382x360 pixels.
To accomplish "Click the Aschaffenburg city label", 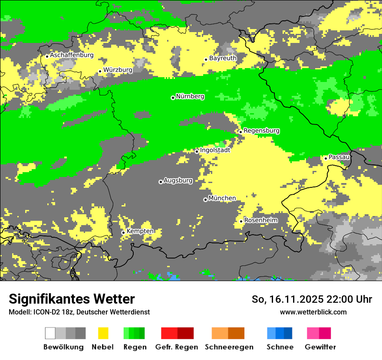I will click(72, 55).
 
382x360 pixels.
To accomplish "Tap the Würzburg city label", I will click(118, 70).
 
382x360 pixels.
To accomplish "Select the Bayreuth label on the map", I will click(223, 58).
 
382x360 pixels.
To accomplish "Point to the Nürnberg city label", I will click(190, 96).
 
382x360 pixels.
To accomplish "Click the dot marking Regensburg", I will click(240, 132).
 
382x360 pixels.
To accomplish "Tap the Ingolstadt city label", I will click(215, 150).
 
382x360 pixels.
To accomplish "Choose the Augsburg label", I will click(178, 180).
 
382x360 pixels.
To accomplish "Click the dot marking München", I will click(205, 200).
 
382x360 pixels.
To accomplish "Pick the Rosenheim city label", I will click(261, 220).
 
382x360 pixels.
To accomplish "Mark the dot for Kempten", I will click(123, 232).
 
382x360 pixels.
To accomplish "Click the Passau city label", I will click(339, 157).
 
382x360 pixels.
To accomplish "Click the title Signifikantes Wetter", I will click(72, 299).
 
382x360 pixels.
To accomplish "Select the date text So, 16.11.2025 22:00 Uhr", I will click(312, 299).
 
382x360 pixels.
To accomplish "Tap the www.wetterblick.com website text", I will click(313, 312).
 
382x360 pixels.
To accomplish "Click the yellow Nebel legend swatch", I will click(103, 333).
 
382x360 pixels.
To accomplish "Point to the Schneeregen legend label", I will click(229, 347).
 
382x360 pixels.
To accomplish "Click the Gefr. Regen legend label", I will click(177, 347).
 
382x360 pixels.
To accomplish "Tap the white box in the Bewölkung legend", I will click(50, 333).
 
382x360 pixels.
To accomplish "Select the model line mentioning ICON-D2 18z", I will click(79, 312).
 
